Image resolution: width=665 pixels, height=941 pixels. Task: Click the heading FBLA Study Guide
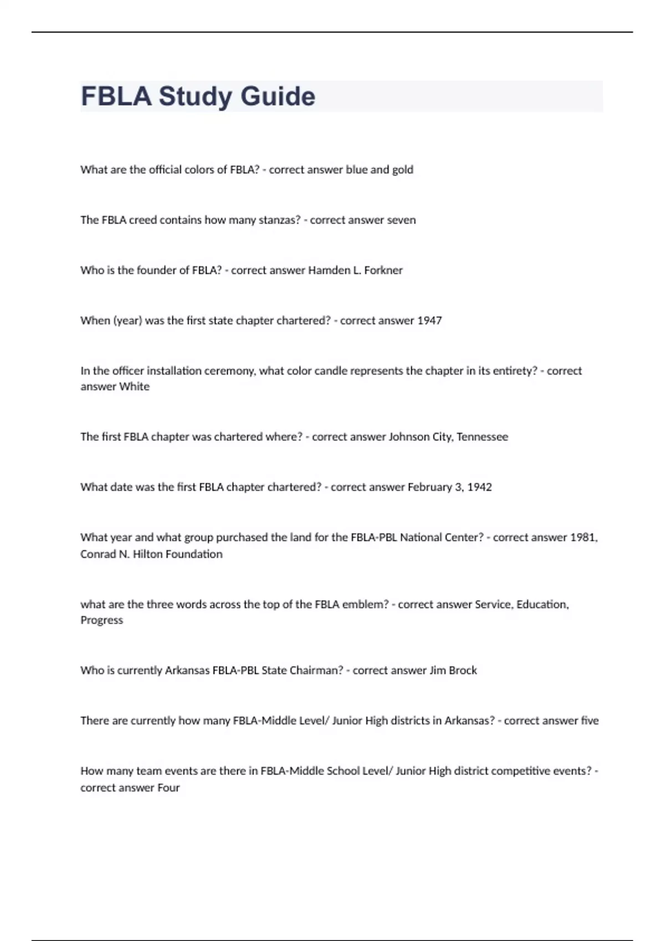(198, 96)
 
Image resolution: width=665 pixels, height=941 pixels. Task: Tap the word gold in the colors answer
(402, 170)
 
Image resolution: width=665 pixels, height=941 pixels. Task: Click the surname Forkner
(383, 271)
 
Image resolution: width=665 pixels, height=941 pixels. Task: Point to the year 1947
(429, 321)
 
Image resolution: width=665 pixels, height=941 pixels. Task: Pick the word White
(135, 387)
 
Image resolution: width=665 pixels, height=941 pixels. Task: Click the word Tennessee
(482, 437)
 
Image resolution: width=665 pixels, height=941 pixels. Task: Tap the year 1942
(479, 488)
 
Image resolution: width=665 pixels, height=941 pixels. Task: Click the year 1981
(584, 537)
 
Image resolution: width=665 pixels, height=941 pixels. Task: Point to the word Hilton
(151, 554)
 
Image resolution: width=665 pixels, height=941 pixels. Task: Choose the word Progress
(101, 621)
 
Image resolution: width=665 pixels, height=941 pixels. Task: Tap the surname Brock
(463, 671)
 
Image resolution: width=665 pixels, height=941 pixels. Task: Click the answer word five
(590, 721)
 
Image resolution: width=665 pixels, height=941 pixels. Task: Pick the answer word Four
(168, 788)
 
